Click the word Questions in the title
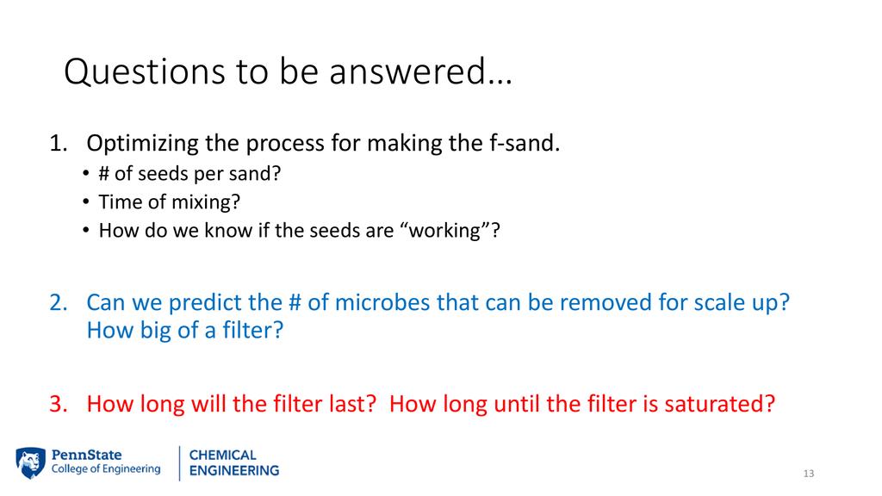pyautogui.click(x=145, y=72)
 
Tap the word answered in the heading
pyautogui.click(x=407, y=71)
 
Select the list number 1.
pyautogui.click(x=58, y=144)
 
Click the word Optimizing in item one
pyautogui.click(x=143, y=144)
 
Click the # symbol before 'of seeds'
pyautogui.click(x=104, y=174)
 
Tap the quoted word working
pyautogui.click(x=444, y=231)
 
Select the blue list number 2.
pyautogui.click(x=59, y=302)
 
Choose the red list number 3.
pyautogui.click(x=59, y=405)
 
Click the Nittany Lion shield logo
pyautogui.click(x=30, y=462)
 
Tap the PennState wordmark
pyautogui.click(x=87, y=455)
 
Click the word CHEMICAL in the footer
pyautogui.click(x=223, y=455)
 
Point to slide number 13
pyautogui.click(x=808, y=474)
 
